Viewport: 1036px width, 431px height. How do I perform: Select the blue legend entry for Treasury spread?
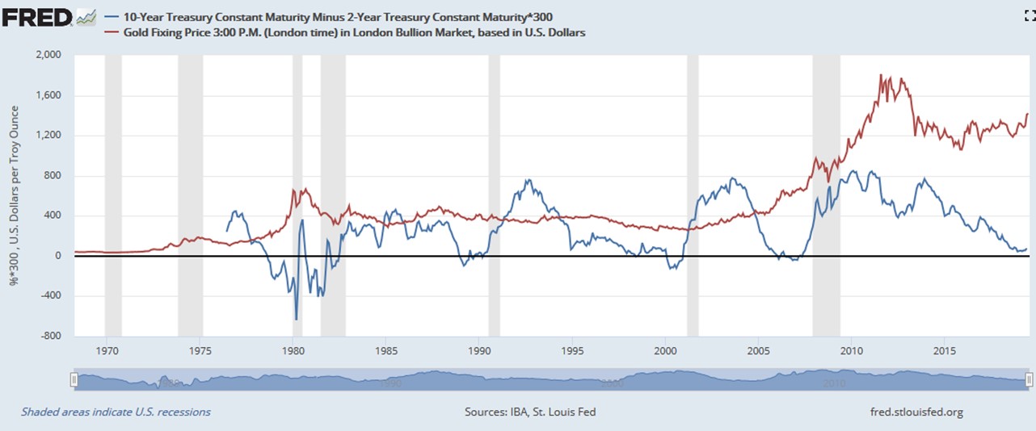point(340,16)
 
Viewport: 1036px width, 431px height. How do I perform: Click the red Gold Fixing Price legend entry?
point(355,32)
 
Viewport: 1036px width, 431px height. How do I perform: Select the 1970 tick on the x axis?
point(107,351)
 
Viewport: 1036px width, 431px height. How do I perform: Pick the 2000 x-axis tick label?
point(665,351)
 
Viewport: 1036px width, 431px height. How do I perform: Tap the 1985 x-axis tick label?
point(386,351)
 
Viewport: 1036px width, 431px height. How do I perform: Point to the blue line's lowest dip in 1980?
point(296,319)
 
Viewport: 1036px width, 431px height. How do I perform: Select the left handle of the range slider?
point(74,379)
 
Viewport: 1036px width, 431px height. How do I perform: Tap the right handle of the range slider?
point(1029,379)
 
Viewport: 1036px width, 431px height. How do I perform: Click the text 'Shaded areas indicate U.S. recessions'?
point(116,412)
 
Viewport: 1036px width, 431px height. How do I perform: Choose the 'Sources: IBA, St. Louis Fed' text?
point(530,412)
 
